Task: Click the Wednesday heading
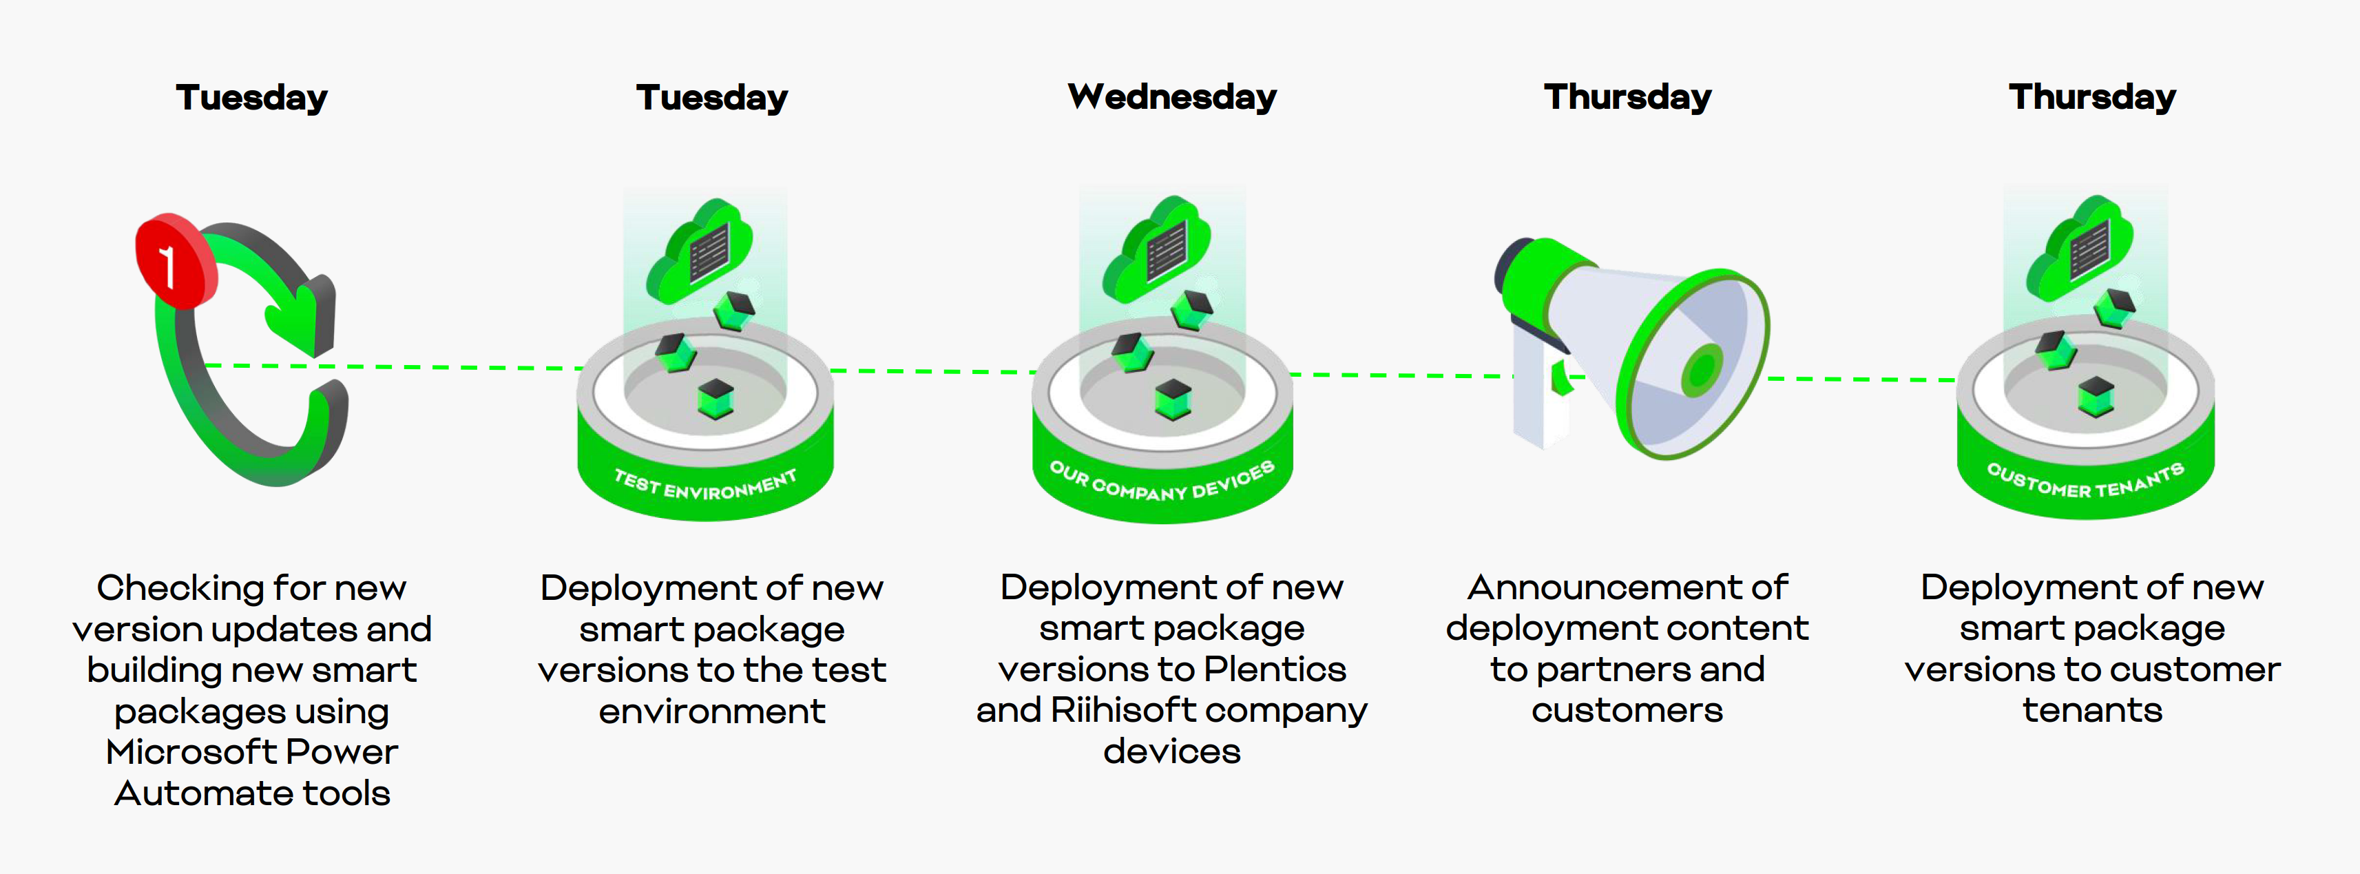1172,97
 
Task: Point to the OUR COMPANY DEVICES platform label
1162,481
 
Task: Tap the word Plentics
1275,669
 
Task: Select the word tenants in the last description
2093,711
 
